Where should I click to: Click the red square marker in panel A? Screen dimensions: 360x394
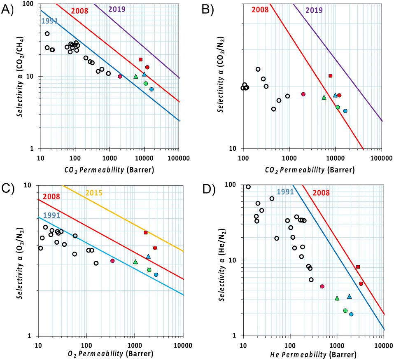point(140,60)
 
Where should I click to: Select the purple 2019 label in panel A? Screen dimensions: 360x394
point(117,8)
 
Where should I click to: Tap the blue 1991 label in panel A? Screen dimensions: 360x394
point(49,21)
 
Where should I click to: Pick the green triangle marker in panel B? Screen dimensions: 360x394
point(324,97)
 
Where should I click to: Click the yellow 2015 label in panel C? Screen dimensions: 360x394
point(94,192)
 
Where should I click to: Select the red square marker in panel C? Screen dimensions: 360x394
point(146,233)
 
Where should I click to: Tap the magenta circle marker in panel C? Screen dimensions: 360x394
point(112,261)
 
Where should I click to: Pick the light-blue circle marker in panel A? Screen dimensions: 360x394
point(152,89)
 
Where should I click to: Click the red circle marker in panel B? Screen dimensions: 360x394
point(339,95)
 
